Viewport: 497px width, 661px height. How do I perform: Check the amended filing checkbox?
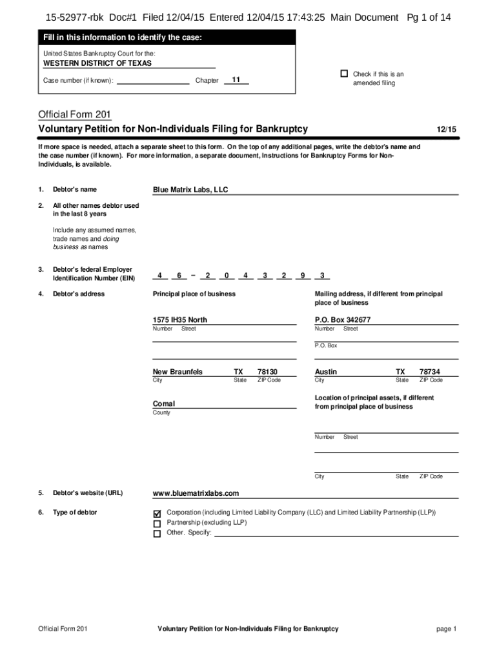click(344, 74)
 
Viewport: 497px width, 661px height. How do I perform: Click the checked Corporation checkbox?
click(157, 513)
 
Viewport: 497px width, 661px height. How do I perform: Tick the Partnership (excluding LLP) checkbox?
click(157, 524)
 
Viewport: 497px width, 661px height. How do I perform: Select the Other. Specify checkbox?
click(157, 534)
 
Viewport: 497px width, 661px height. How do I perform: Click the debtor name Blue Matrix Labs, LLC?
click(190, 190)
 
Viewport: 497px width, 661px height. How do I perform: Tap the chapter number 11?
click(236, 79)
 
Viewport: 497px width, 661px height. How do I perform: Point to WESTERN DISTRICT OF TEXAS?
click(97, 63)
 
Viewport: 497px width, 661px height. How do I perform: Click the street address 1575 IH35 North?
click(180, 320)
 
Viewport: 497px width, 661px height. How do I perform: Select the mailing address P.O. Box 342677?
click(343, 320)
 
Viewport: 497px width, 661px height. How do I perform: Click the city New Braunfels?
click(177, 372)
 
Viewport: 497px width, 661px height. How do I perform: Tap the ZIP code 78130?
click(267, 372)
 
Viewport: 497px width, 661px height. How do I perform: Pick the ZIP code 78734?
click(430, 372)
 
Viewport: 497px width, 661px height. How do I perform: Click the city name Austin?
click(326, 372)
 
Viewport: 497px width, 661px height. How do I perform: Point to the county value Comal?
click(164, 404)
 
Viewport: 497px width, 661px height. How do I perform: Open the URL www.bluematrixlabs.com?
click(196, 493)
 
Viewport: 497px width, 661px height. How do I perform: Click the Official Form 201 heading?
click(75, 114)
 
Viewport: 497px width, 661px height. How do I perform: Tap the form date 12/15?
click(446, 130)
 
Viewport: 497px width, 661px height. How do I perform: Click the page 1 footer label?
click(446, 629)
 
